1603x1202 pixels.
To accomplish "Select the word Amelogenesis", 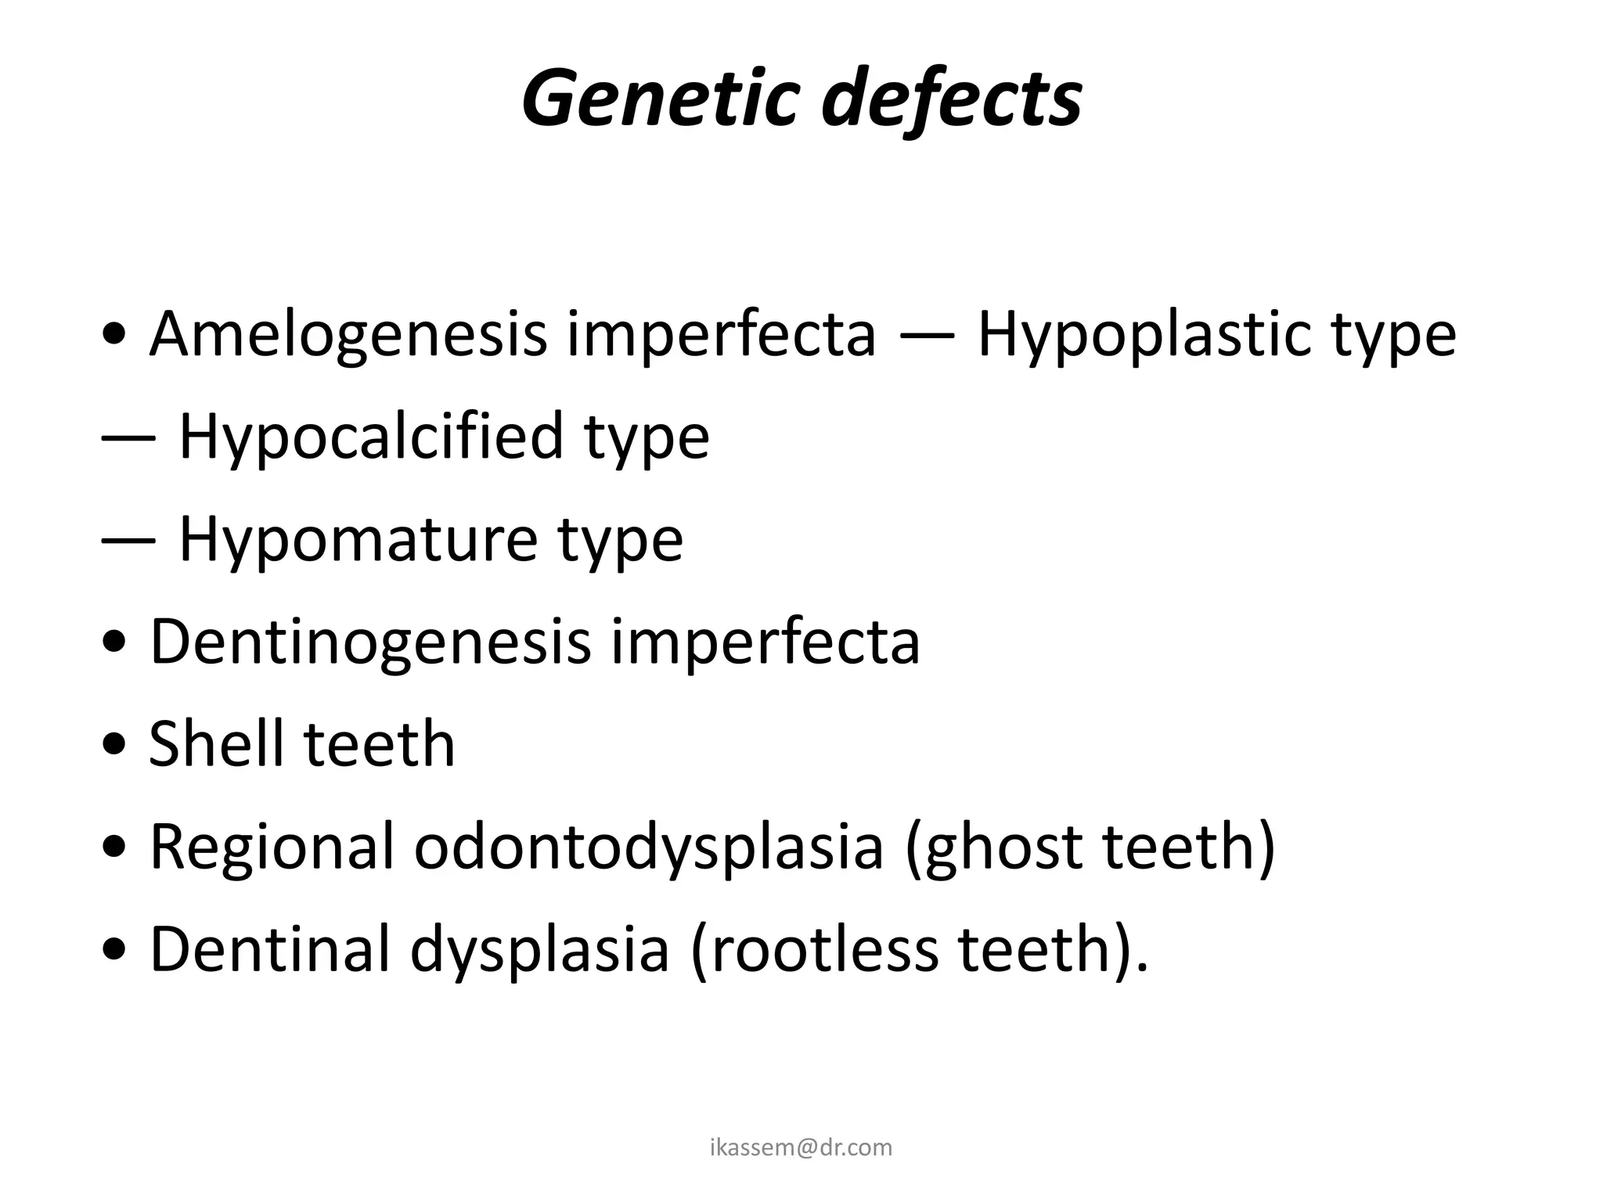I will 348,335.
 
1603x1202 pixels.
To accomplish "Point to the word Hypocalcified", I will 371,437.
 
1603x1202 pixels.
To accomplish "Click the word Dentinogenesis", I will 369,642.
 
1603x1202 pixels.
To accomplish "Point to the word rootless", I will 814,948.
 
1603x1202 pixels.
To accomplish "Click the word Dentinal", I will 269,948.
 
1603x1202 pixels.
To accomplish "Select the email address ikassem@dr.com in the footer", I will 801,1147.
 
